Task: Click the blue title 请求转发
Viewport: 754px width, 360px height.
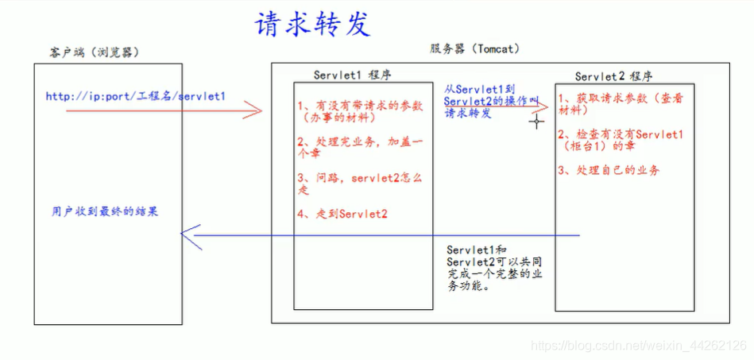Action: [312, 23]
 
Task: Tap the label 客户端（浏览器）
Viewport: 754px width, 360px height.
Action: [94, 52]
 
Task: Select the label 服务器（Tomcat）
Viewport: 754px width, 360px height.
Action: [474, 48]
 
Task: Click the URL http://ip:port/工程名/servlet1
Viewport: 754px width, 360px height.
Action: [136, 97]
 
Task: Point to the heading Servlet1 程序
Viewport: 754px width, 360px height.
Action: [352, 75]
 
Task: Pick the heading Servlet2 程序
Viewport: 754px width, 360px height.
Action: [614, 76]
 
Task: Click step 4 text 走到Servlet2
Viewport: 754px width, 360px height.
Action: [342, 214]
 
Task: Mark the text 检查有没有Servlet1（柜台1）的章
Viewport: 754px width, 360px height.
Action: [620, 141]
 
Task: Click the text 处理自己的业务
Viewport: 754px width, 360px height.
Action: [609, 170]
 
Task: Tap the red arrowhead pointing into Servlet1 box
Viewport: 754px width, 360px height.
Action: [254, 110]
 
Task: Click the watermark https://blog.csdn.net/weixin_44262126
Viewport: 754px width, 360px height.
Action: [639, 346]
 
